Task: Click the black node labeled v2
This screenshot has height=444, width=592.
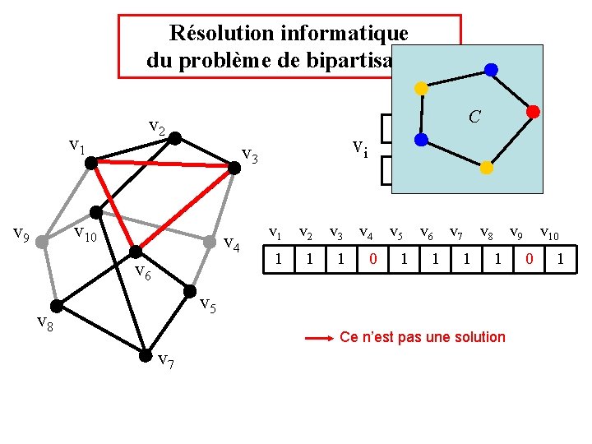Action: tap(173, 139)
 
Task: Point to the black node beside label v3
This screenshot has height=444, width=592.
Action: tap(234, 168)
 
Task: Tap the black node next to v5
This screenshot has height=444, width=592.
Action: tap(191, 290)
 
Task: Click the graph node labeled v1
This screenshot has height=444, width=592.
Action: tap(92, 162)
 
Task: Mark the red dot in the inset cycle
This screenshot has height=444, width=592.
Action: tap(532, 111)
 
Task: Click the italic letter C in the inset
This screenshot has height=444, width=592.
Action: tap(474, 118)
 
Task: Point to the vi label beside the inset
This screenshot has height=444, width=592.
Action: tap(360, 149)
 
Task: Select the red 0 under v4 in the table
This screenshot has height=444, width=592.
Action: tap(373, 260)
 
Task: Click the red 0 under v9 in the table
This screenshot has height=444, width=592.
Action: tap(530, 260)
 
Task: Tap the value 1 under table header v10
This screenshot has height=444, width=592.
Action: tap(561, 260)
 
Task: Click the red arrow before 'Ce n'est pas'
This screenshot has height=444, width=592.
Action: tap(317, 338)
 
